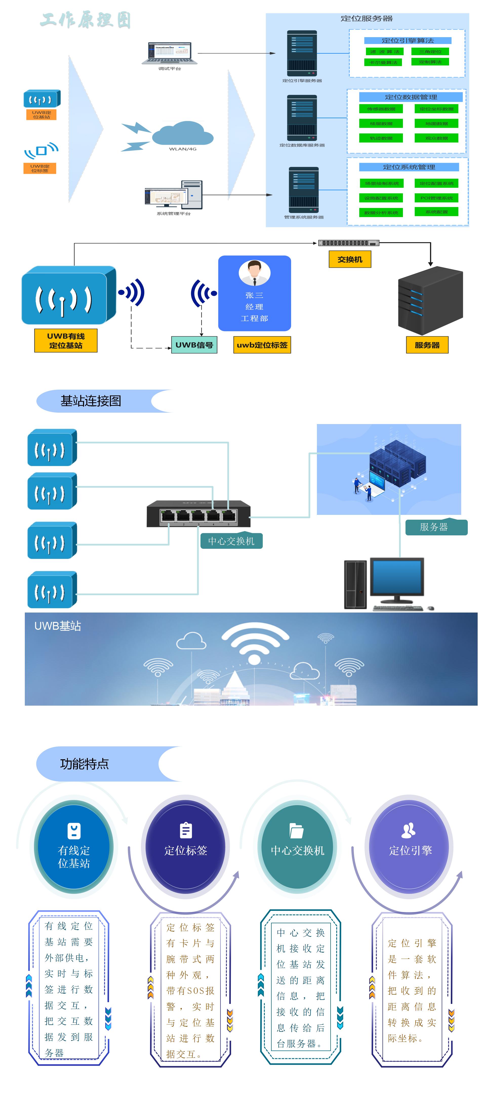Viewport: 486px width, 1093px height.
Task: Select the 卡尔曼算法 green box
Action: coord(383,62)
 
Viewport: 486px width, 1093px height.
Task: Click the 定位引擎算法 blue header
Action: coord(408,41)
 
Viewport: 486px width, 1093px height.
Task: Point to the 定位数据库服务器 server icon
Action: coord(302,118)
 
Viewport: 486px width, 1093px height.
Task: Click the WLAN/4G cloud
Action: coord(183,133)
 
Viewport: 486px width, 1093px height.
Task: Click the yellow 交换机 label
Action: coord(350,259)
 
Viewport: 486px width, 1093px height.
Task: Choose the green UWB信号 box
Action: coord(194,345)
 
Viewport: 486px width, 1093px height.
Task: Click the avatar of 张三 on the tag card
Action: coord(254,272)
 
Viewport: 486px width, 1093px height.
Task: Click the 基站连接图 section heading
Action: coord(91,401)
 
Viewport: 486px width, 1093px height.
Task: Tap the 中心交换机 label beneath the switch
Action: coord(231,541)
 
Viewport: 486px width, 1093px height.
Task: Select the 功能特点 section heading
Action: coord(85,764)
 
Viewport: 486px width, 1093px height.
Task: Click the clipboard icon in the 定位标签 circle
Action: coord(186,830)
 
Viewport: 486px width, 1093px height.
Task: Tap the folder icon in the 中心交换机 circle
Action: coord(296,830)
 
